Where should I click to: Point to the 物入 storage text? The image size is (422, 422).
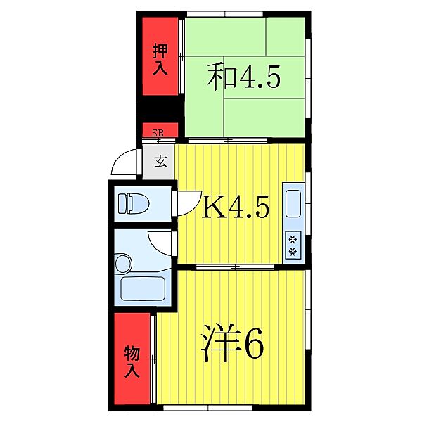coord(132,360)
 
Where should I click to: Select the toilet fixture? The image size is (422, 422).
coord(134,203)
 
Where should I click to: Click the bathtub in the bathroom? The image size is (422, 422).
coord(142,289)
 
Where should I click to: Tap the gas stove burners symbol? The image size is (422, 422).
coord(293,243)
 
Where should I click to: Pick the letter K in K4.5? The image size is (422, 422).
coord(212,207)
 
